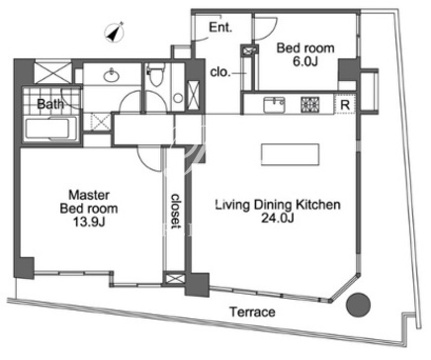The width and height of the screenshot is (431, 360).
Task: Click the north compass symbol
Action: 115,33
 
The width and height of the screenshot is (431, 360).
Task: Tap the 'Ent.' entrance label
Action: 220,27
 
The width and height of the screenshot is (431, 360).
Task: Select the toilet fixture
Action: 154,76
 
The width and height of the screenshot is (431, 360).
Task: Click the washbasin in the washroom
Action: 112,76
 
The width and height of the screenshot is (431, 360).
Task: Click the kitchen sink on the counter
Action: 274,105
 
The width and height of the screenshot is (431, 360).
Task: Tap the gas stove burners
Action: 310,104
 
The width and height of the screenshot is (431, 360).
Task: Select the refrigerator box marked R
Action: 345,105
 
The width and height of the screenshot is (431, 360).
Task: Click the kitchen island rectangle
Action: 290,154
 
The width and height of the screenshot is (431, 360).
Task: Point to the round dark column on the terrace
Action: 359,305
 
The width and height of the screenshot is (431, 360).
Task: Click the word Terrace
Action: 252,312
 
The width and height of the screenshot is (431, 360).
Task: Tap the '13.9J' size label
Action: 89,223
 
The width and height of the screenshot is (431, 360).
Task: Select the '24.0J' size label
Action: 278,218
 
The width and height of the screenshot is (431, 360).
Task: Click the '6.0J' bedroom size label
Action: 305,61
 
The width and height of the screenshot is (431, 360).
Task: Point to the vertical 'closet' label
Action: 176,211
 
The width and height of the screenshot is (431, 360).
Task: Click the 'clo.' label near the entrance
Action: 220,72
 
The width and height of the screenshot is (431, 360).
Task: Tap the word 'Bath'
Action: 50,104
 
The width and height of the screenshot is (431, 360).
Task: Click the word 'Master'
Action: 89,195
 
